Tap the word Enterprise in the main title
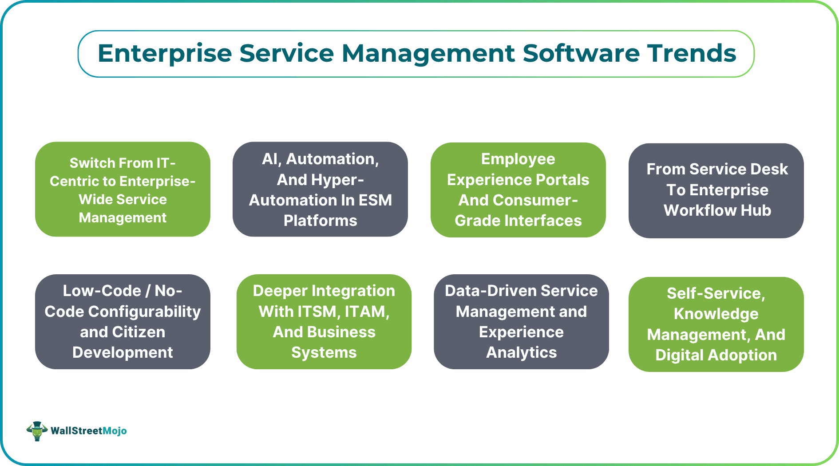pos(165,54)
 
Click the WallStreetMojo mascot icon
pos(37,430)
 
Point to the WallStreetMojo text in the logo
pos(88,431)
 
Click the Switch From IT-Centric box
pos(123,190)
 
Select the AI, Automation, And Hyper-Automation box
pos(320,190)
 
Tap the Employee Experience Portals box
pos(518,190)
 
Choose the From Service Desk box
pos(716,190)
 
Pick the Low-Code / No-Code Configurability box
pos(123,322)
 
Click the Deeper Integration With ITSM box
pos(324,322)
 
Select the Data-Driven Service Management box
pos(521,322)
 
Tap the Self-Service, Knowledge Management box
pos(716,324)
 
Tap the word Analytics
pos(521,352)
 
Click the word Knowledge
pos(716,314)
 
